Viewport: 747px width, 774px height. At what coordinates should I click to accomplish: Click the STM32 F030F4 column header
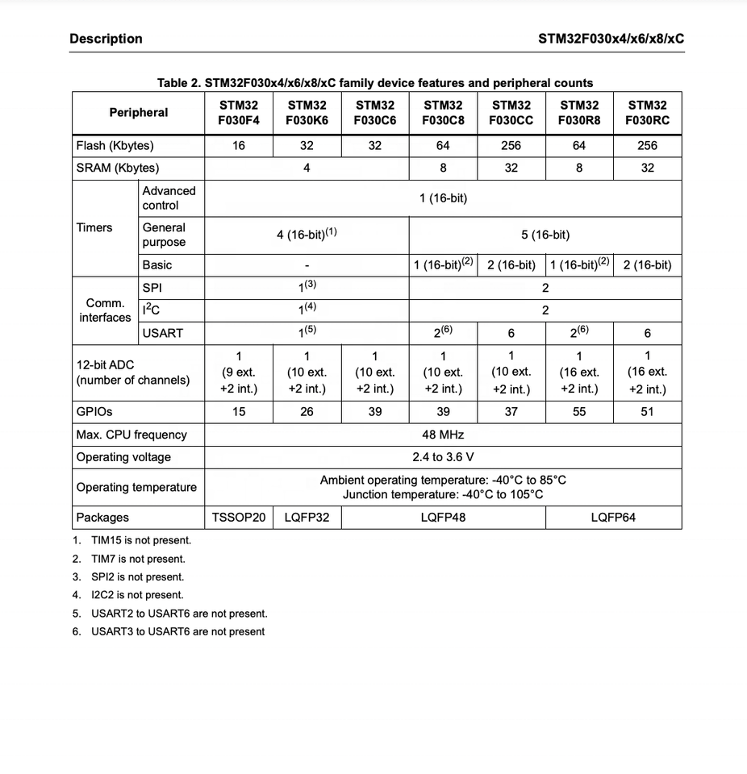(239, 113)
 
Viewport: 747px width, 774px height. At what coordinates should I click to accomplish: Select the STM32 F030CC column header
(511, 113)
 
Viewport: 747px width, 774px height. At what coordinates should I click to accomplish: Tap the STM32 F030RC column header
(647, 113)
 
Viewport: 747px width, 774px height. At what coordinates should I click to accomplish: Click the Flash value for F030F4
(239, 146)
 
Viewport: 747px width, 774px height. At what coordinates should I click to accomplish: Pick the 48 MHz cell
(443, 435)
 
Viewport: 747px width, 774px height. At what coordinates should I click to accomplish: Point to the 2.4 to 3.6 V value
(443, 457)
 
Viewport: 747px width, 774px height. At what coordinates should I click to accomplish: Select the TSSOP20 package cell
(239, 518)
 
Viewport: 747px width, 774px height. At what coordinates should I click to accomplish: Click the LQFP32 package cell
(307, 518)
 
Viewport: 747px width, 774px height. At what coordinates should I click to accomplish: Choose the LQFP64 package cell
(613, 518)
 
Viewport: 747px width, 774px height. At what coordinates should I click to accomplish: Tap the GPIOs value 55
(578, 412)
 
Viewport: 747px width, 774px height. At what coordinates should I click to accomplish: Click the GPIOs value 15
(239, 412)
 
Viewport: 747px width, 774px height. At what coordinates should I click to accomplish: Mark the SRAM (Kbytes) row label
(118, 169)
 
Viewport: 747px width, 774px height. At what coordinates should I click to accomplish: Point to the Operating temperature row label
(136, 487)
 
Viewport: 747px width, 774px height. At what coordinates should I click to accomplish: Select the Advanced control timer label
(169, 198)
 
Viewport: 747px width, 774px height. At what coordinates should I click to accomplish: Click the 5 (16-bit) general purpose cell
(545, 235)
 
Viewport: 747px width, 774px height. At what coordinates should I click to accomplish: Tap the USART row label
(163, 333)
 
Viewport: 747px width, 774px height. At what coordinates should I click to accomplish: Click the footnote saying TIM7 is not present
(138, 559)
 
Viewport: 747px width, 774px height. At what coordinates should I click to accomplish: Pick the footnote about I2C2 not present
(137, 595)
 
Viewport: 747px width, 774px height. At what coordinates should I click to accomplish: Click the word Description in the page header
(106, 39)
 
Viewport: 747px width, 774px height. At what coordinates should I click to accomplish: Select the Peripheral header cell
(138, 113)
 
